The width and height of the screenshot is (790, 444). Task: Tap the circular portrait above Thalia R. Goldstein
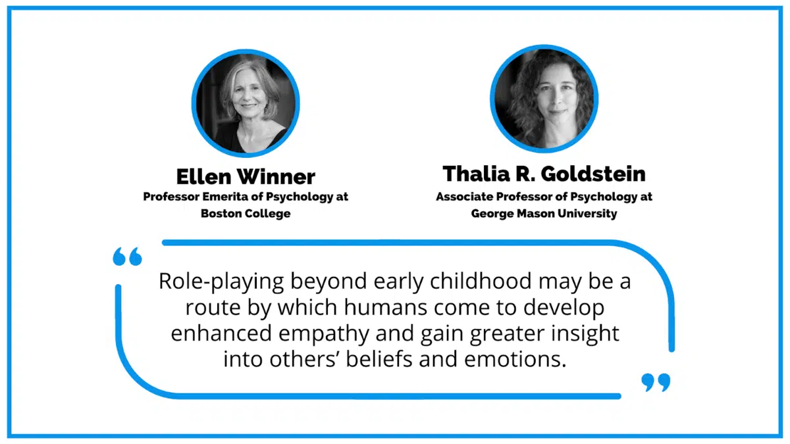544,98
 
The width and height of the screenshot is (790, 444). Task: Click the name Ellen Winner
246,176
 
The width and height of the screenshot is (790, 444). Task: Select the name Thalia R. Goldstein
544,174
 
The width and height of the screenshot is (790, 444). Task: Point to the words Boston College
246,214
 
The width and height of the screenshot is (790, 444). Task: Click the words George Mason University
544,214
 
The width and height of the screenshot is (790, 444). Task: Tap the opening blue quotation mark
127,257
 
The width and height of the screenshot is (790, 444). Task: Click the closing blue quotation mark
656,382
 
